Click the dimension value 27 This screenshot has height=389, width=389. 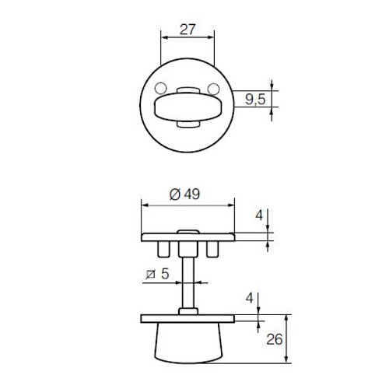pos(187,30)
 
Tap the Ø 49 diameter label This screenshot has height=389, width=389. pos(184,194)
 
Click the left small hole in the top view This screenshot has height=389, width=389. pos(160,88)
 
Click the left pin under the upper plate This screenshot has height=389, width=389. pos(163,248)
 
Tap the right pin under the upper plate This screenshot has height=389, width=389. pos(212,248)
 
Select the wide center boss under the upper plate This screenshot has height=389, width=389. pos(187,249)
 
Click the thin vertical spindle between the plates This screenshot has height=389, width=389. pos(187,284)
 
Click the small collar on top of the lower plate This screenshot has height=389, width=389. pos(187,312)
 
